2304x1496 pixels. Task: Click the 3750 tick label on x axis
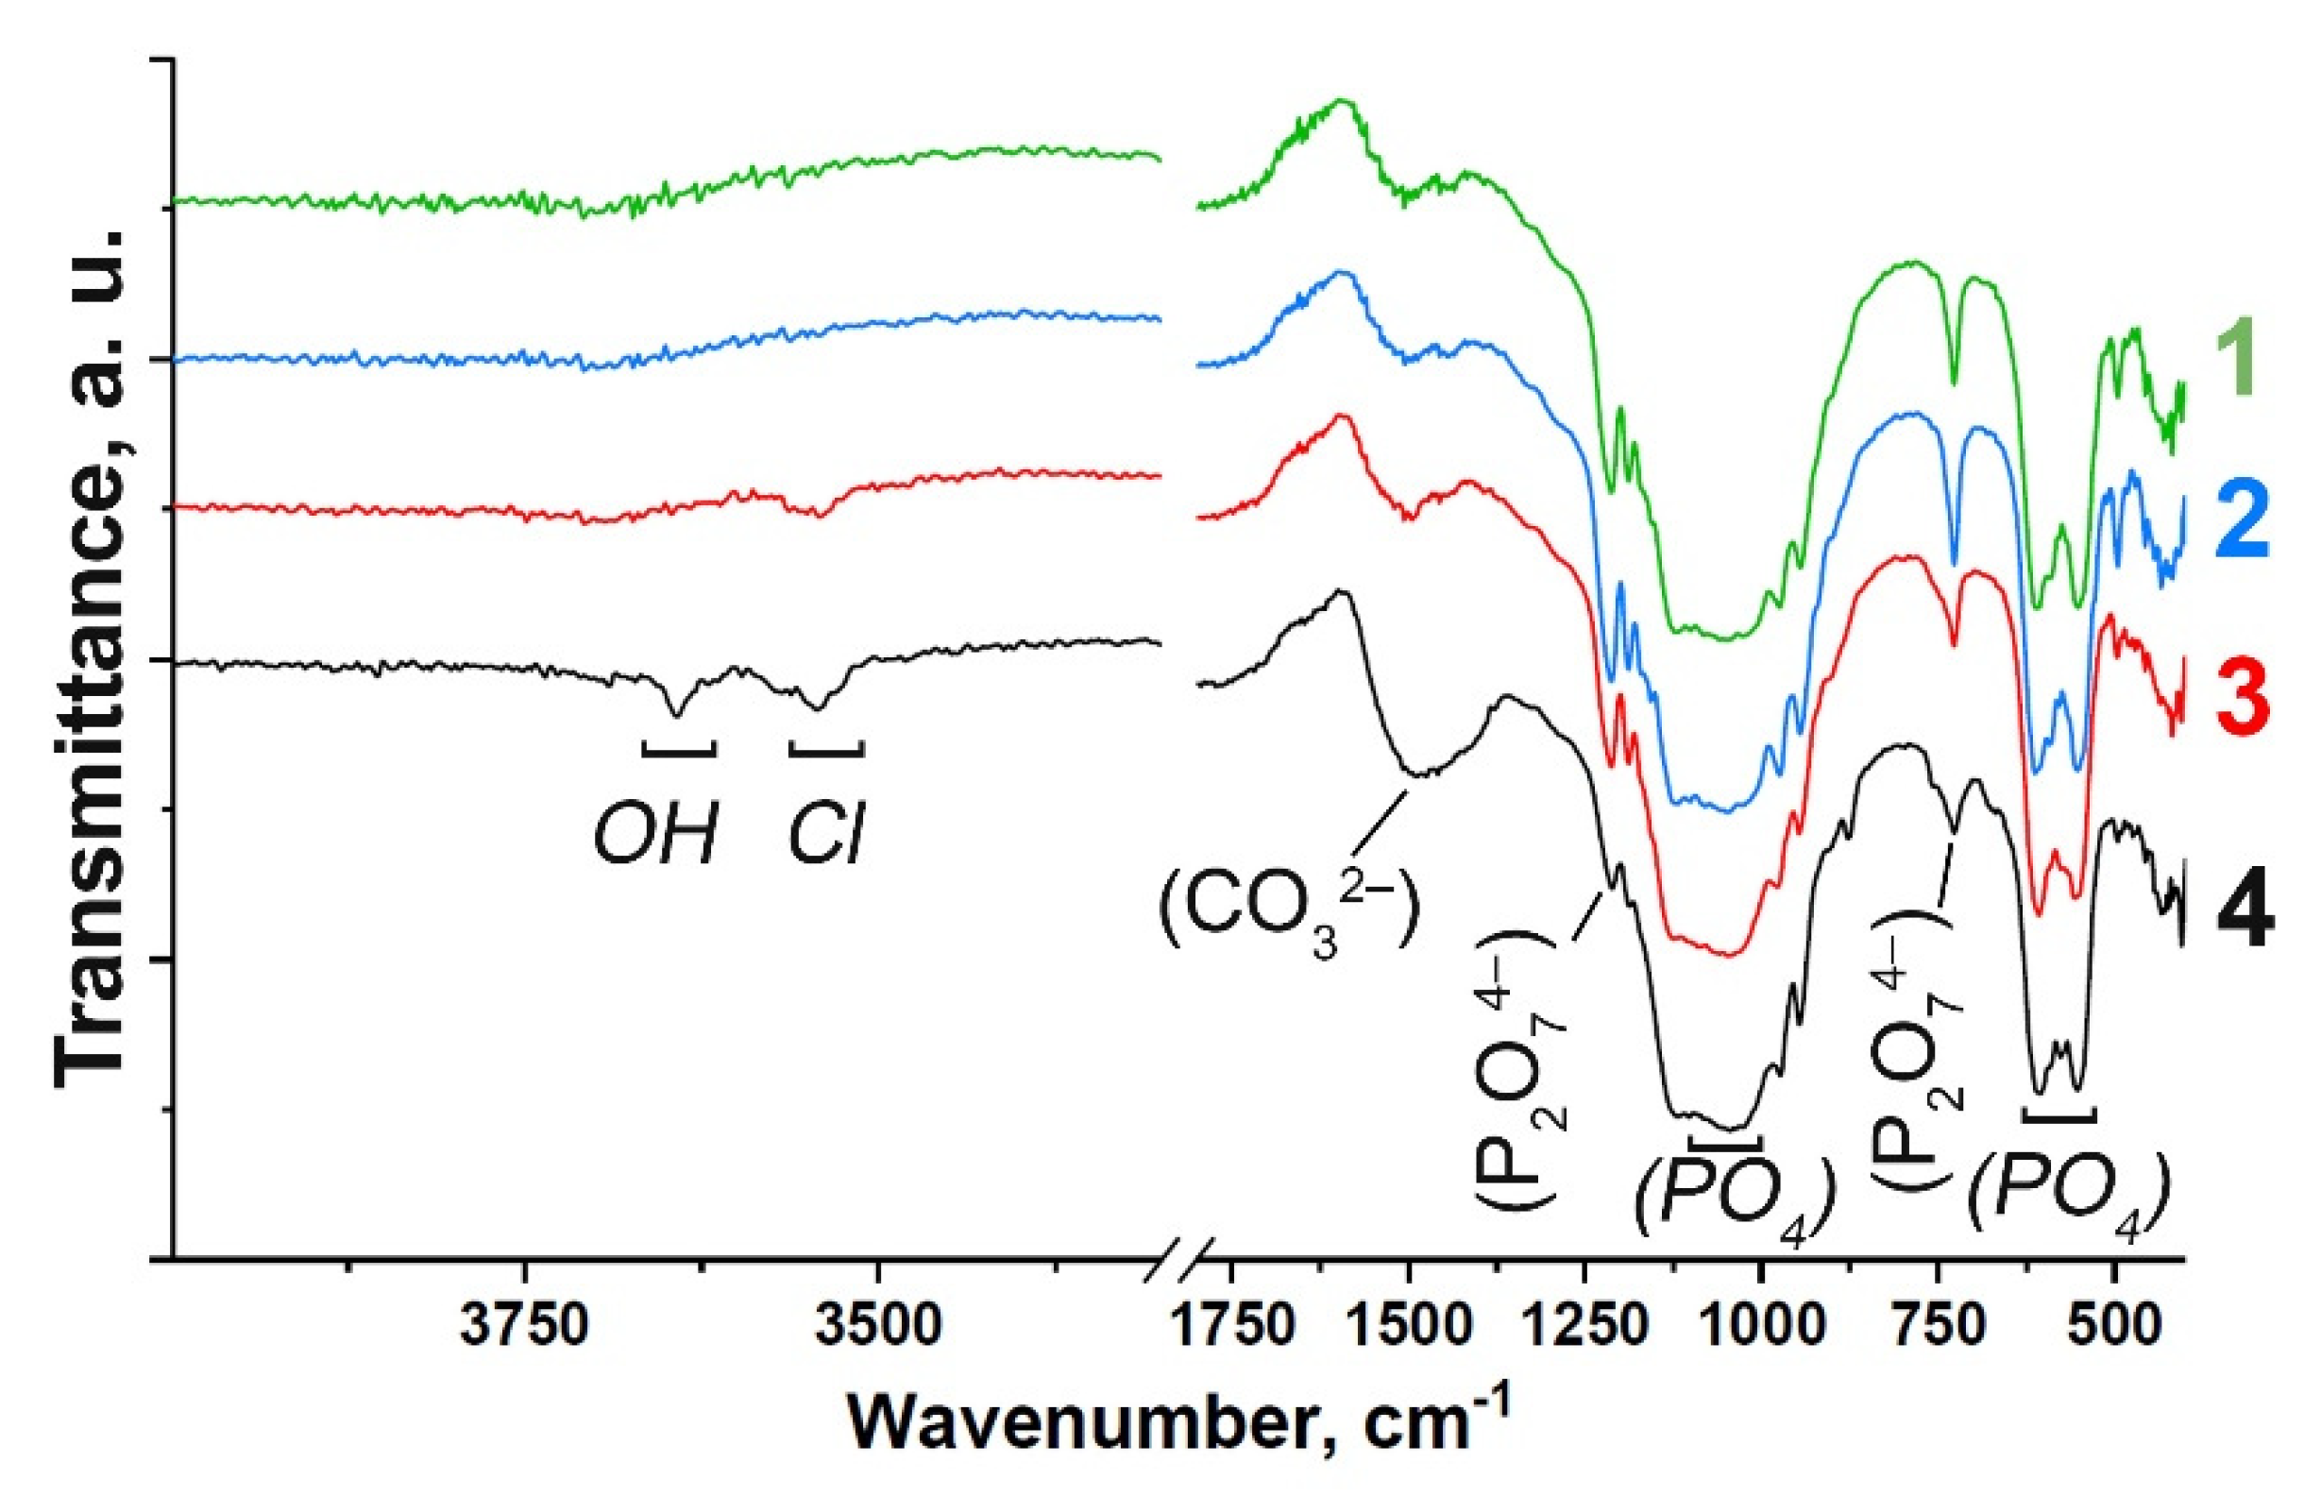point(524,1330)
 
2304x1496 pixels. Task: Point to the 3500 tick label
point(877,1330)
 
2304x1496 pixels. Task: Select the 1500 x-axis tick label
point(1409,1330)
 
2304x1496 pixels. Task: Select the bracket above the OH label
point(679,749)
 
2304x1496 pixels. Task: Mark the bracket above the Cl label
point(826,749)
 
